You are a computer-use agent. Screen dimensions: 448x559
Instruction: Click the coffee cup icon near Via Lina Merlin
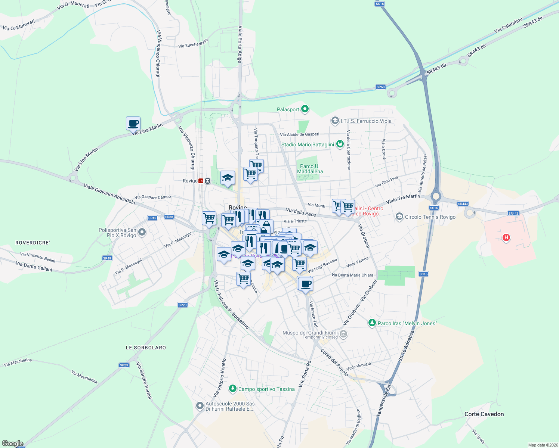click(133, 123)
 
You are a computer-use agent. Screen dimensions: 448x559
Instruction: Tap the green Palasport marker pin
click(305, 109)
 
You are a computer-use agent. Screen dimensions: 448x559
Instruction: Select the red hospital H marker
click(506, 237)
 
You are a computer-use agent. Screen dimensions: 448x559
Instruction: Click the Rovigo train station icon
click(201, 181)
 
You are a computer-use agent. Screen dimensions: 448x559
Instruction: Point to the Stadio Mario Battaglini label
click(308, 144)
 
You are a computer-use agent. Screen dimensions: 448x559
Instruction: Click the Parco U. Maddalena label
click(310, 169)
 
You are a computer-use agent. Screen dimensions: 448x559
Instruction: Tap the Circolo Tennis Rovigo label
click(430, 217)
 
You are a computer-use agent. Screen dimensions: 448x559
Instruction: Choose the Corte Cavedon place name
click(484, 414)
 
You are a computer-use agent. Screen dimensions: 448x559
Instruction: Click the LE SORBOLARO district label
click(146, 348)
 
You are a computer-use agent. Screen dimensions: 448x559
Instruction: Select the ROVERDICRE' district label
click(33, 243)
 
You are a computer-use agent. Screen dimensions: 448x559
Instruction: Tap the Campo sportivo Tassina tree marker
click(233, 389)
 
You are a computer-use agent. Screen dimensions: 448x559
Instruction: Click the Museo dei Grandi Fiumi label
click(310, 333)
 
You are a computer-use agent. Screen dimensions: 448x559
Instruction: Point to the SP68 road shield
click(380, 87)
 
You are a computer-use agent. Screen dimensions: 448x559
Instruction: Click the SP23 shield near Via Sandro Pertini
click(124, 365)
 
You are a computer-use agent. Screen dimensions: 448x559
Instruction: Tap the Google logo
click(12, 444)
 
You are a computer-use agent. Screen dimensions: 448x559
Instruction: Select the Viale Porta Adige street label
click(240, 44)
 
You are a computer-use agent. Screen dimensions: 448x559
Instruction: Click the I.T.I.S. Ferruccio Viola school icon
click(335, 121)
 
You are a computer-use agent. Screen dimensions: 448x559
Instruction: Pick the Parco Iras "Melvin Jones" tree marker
click(372, 323)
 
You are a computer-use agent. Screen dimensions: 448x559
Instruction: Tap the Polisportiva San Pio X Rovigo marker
click(142, 233)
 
